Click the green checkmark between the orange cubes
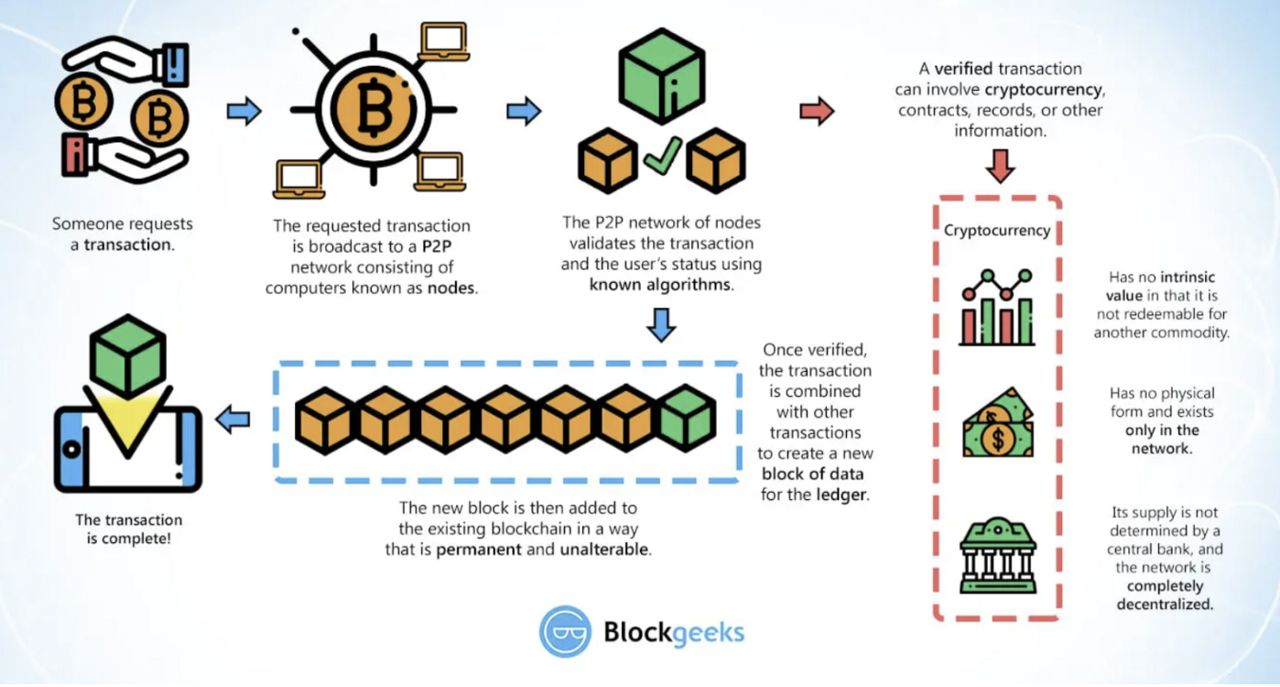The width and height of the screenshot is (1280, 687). (662, 157)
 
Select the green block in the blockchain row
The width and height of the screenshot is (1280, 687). (688, 419)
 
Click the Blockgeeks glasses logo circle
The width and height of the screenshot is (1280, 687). (565, 631)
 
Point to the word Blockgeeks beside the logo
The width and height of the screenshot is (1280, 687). (674, 632)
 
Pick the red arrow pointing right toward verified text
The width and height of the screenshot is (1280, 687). (817, 111)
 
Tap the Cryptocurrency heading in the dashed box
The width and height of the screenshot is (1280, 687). (997, 230)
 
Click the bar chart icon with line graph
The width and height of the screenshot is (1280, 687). (997, 308)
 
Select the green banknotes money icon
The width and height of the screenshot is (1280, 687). (997, 422)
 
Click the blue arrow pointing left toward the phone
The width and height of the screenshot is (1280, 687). (233, 420)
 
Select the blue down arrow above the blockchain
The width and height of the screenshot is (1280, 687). (661, 324)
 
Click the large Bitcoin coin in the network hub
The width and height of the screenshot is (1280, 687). (373, 111)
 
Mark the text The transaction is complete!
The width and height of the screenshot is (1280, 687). (128, 529)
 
